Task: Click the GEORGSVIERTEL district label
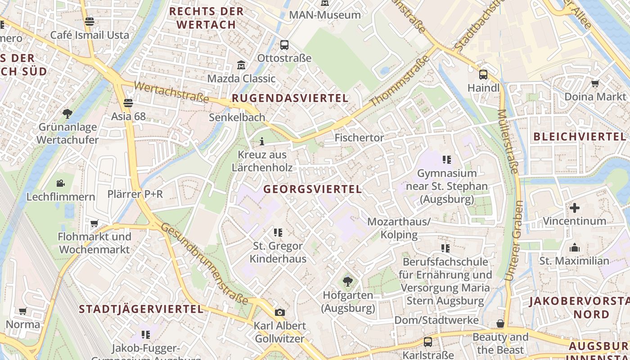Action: pyautogui.click(x=312, y=189)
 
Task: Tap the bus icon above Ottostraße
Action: pyautogui.click(x=284, y=45)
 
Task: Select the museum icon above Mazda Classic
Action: pyautogui.click(x=241, y=65)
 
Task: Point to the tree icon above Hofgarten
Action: pyautogui.click(x=347, y=282)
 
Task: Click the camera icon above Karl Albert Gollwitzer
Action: pyautogui.click(x=279, y=312)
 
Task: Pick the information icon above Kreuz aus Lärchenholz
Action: pyautogui.click(x=262, y=142)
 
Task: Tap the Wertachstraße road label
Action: pyautogui.click(x=171, y=92)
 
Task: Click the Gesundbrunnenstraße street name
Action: pyautogui.click(x=205, y=263)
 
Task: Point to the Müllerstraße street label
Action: pyautogui.click(x=508, y=141)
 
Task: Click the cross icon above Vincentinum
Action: pyautogui.click(x=574, y=208)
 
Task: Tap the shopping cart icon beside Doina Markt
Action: pyautogui.click(x=595, y=83)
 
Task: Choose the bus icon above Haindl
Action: pyautogui.click(x=483, y=75)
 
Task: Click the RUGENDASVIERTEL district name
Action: pyautogui.click(x=290, y=98)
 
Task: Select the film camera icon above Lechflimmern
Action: pyautogui.click(x=60, y=184)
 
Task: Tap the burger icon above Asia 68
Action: pyautogui.click(x=128, y=103)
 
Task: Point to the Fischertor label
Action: pyautogui.click(x=359, y=138)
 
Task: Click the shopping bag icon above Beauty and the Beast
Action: pyautogui.click(x=500, y=324)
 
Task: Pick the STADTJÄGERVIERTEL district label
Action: pyautogui.click(x=141, y=309)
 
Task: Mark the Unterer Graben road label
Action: pyautogui.click(x=514, y=241)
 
